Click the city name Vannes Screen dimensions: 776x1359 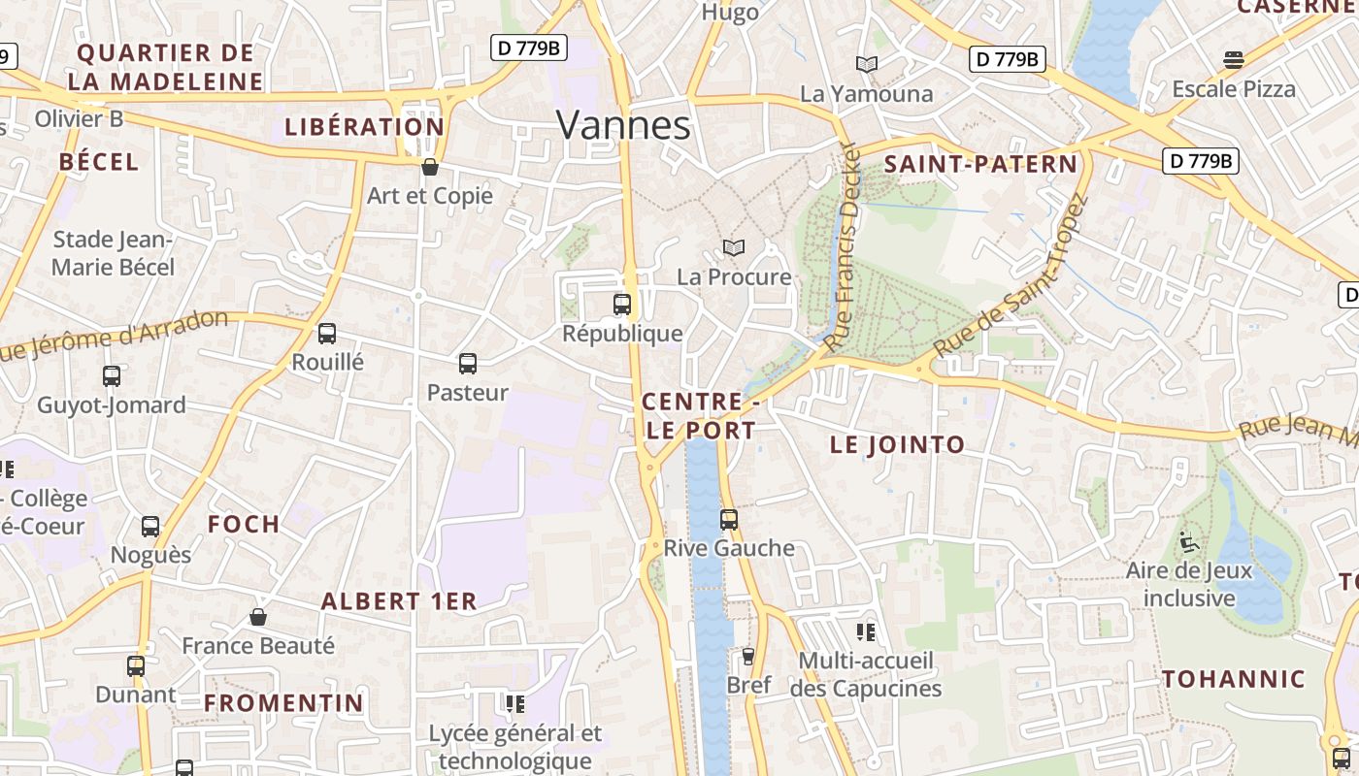pyautogui.click(x=623, y=125)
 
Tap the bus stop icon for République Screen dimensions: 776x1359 pyautogui.click(x=622, y=305)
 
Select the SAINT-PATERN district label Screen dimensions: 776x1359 pyautogui.click(x=980, y=164)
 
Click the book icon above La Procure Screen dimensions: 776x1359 pyautogui.click(x=734, y=248)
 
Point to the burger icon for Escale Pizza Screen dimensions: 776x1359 pyautogui.click(x=1234, y=60)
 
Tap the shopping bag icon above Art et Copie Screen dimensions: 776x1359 pyautogui.click(x=430, y=167)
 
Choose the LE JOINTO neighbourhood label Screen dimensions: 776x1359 pyautogui.click(x=897, y=445)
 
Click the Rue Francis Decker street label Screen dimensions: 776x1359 pyautogui.click(x=842, y=247)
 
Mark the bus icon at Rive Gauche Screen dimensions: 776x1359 pyautogui.click(x=729, y=520)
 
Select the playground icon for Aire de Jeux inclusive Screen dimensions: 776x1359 pyautogui.click(x=1189, y=541)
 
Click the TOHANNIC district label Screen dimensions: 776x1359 pyautogui.click(x=1234, y=679)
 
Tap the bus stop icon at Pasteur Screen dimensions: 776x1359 pyautogui.click(x=468, y=364)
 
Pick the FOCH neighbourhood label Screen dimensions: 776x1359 pyautogui.click(x=244, y=524)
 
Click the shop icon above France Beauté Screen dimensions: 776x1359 pyautogui.click(x=258, y=617)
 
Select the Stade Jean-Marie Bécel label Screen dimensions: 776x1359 pyautogui.click(x=114, y=253)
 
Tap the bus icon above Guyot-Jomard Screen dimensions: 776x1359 pyautogui.click(x=112, y=376)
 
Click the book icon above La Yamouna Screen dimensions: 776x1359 pyautogui.click(x=867, y=64)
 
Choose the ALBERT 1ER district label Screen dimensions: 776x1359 pyautogui.click(x=399, y=601)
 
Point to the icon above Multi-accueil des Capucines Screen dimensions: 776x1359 pyautogui.click(x=866, y=632)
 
